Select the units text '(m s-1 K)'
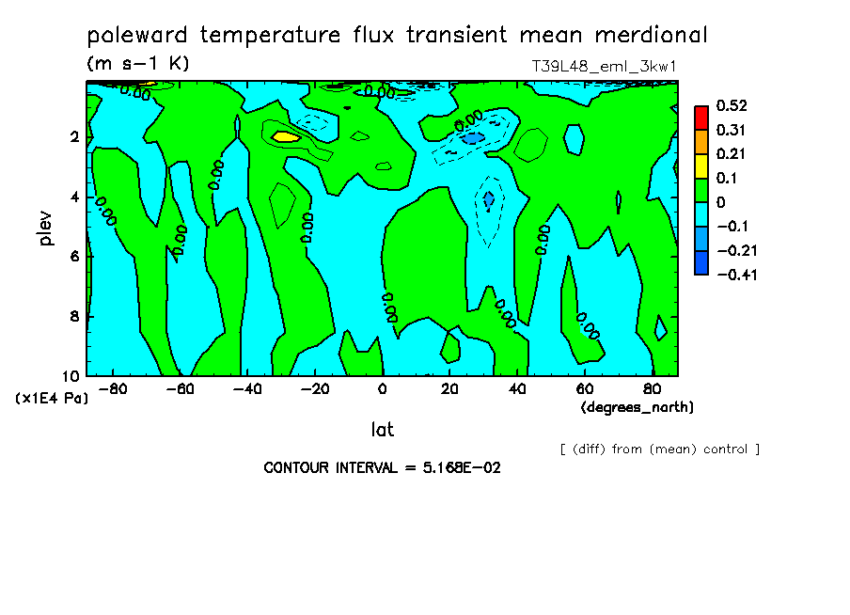(x=138, y=64)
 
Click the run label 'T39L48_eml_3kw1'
(x=605, y=67)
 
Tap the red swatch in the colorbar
(x=701, y=117)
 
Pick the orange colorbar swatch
(x=701, y=141)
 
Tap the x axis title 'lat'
(x=382, y=430)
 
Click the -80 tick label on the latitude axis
(x=112, y=388)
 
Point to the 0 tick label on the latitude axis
(x=382, y=388)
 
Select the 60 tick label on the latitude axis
(x=583, y=388)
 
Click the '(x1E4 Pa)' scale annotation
(x=53, y=398)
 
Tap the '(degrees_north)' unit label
(x=637, y=407)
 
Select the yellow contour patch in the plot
(x=285, y=136)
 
